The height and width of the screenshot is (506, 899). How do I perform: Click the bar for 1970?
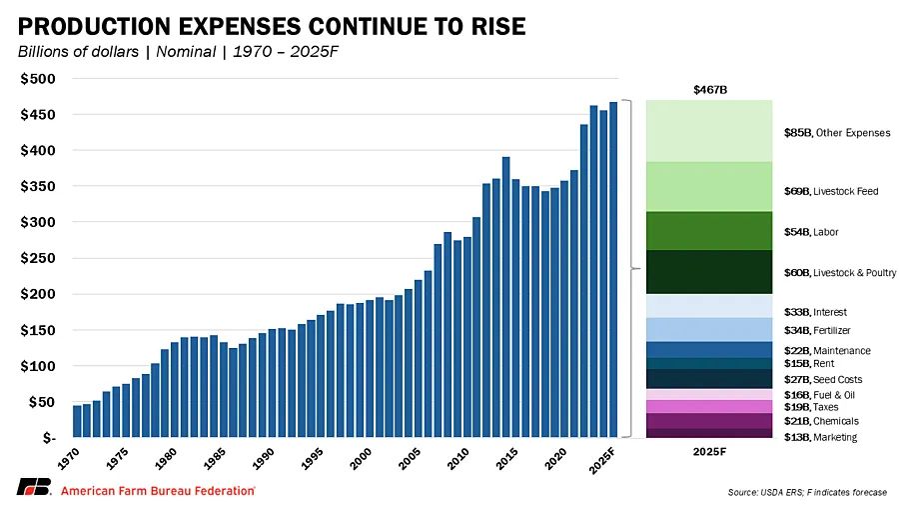(x=77, y=421)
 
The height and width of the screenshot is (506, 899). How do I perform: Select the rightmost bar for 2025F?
(x=613, y=270)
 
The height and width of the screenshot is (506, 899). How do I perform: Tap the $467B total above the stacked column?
(x=710, y=90)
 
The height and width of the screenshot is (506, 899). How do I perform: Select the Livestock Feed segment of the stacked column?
(x=709, y=187)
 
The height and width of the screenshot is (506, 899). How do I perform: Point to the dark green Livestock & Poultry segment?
(x=709, y=272)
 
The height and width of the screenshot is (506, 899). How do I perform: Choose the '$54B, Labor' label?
(x=811, y=232)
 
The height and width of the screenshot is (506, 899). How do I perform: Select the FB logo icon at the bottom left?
(x=34, y=489)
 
